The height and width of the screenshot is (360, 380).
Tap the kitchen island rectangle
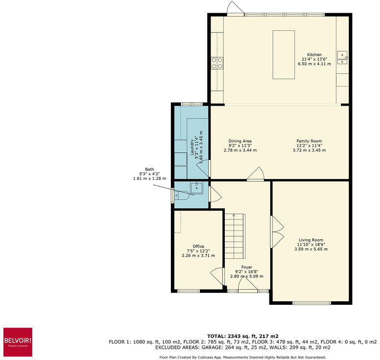[284, 54]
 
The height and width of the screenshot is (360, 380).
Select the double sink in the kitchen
[342, 57]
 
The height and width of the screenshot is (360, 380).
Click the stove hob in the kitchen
[217, 62]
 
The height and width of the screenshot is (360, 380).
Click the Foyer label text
[246, 267]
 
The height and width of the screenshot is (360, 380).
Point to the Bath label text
[149, 169]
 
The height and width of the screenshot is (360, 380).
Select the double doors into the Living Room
[277, 231]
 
